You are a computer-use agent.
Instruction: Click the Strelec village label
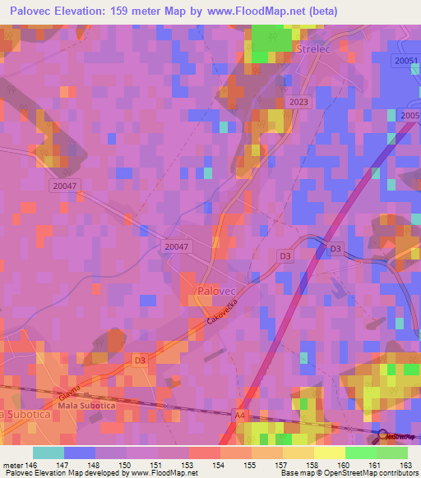311,49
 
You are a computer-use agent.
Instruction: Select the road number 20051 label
406,62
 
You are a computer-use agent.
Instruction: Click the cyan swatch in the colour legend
48,453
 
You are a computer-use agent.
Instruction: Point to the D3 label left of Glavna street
140,360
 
